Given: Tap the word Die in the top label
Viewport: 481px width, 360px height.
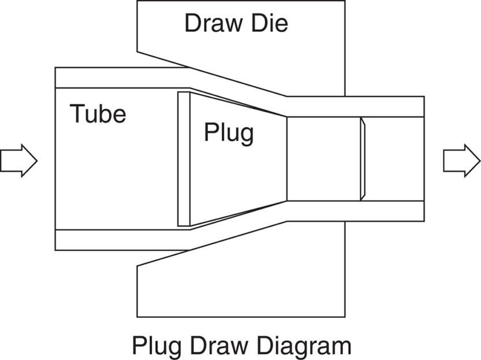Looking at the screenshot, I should (x=269, y=24).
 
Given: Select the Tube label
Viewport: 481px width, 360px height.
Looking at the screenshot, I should (x=98, y=113).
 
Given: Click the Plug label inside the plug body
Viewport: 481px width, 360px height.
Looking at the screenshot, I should (x=229, y=133).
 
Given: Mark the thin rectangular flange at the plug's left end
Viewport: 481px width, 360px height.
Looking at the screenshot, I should (x=184, y=159).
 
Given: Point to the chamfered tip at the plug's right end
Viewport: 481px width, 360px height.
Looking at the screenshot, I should (x=363, y=159).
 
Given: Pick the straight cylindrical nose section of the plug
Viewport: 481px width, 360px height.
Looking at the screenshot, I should (x=323, y=159).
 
